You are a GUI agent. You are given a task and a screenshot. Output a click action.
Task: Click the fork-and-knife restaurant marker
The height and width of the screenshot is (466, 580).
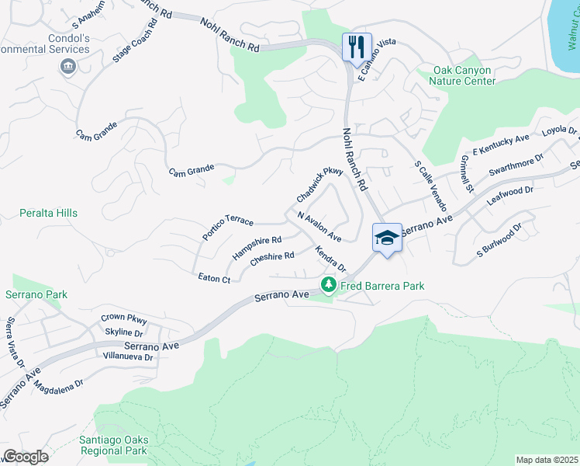click(x=357, y=46)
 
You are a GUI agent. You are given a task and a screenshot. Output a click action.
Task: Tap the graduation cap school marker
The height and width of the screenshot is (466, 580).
click(x=387, y=238)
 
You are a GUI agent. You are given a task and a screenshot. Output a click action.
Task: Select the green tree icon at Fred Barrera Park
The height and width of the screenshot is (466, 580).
click(x=329, y=286)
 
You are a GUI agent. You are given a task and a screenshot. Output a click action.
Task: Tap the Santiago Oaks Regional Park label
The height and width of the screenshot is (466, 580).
click(x=113, y=445)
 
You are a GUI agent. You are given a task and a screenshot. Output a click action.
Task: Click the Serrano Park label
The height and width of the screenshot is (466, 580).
click(x=36, y=294)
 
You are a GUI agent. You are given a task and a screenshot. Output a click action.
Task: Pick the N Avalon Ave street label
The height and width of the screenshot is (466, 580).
click(x=319, y=227)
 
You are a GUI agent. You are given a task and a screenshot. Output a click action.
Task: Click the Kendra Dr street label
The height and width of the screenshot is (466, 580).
click(x=330, y=259)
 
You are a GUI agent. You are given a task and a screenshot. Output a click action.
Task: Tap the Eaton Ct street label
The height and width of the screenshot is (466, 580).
click(x=214, y=278)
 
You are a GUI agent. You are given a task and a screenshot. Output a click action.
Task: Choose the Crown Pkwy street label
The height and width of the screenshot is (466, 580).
click(x=123, y=319)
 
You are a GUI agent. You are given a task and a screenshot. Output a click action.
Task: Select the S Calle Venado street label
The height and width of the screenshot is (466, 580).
click(x=430, y=186)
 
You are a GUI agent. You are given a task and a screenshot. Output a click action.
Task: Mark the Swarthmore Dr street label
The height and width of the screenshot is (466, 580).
click(x=516, y=166)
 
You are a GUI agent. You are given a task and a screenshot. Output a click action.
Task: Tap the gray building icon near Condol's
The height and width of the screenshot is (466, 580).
click(x=67, y=68)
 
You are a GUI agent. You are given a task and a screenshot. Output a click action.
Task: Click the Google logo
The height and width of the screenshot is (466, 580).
click(x=26, y=456)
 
